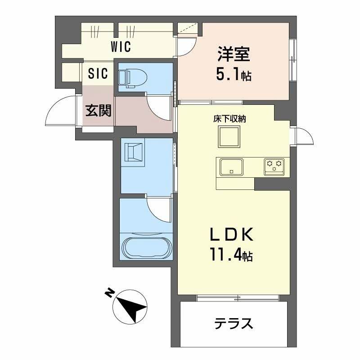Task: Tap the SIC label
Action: pyautogui.click(x=98, y=74)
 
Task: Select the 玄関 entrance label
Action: pyautogui.click(x=98, y=111)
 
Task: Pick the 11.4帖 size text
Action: pyautogui.click(x=229, y=256)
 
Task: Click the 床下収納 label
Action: pyautogui.click(x=229, y=119)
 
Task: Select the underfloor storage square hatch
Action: pyautogui.click(x=229, y=137)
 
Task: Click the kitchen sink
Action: pyautogui.click(x=231, y=167)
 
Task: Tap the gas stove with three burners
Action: pyautogui.click(x=274, y=166)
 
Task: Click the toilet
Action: pyautogui.click(x=128, y=77)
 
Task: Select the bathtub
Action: pyautogui.click(x=146, y=248)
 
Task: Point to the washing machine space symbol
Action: pyautogui.click(x=134, y=152)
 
